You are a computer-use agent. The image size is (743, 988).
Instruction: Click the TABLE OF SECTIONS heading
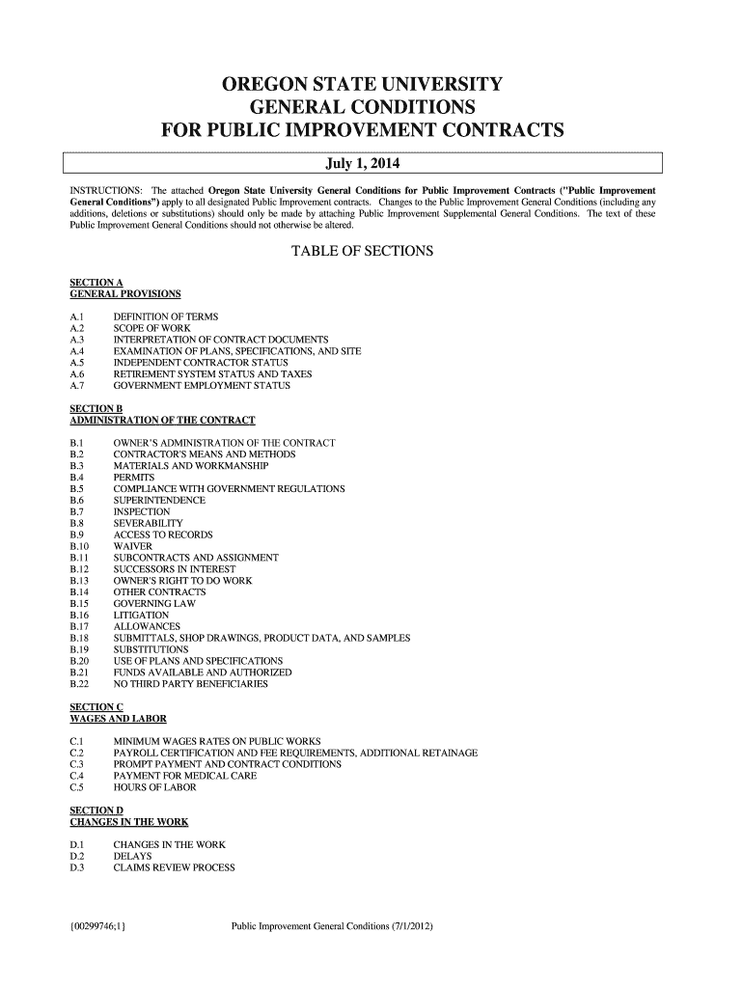(362, 252)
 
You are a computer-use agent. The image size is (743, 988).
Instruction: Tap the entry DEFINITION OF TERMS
(166, 317)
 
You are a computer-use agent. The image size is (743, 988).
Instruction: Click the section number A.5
(78, 363)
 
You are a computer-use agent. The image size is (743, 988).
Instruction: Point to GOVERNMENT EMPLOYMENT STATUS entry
(202, 386)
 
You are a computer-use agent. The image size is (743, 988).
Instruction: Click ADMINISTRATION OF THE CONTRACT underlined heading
(163, 421)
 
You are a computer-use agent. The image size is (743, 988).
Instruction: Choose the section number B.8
(78, 523)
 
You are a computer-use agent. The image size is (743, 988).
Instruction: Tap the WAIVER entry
(133, 546)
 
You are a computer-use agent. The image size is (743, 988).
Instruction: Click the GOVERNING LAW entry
(154, 604)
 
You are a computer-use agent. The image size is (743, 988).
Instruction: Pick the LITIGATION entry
(141, 616)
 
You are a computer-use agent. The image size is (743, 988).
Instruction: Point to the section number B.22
(80, 684)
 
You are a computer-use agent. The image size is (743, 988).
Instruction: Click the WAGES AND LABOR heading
(119, 719)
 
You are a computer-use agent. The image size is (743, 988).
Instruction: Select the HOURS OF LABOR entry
(154, 787)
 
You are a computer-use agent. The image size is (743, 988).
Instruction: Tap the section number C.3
(78, 764)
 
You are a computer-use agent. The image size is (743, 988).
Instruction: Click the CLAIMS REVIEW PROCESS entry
(175, 867)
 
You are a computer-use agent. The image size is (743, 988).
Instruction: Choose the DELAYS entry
(131, 856)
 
